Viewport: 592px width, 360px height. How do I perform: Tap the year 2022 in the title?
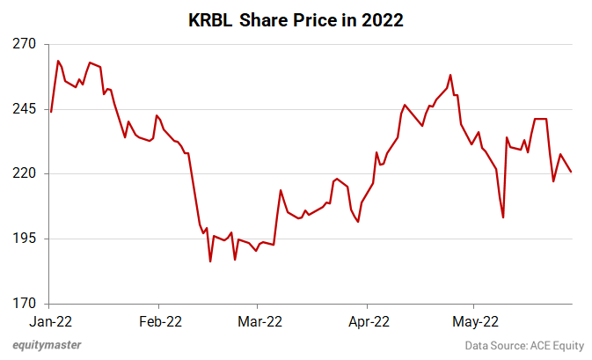tap(379, 21)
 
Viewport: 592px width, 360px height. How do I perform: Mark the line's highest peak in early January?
tap(58, 61)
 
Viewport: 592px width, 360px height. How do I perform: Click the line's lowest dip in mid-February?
tap(210, 261)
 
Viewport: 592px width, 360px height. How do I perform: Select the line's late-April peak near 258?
tap(450, 75)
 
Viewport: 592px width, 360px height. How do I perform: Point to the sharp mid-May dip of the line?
tap(503, 217)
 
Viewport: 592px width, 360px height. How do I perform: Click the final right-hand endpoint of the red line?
tap(572, 172)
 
